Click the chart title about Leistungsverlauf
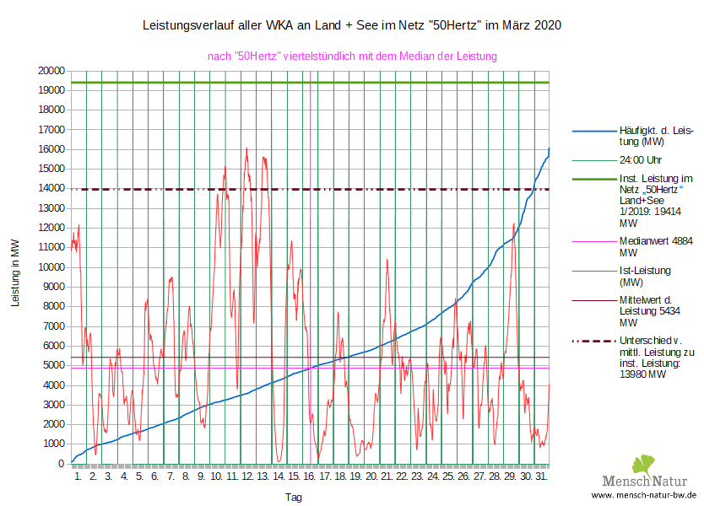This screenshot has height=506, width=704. click(x=352, y=26)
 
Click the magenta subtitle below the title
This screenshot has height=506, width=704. click(x=352, y=56)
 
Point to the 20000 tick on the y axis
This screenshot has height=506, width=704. click(x=51, y=71)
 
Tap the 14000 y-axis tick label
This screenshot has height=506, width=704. click(x=51, y=189)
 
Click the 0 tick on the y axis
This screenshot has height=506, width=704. click(x=61, y=464)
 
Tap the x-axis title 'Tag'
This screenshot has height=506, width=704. click(x=293, y=498)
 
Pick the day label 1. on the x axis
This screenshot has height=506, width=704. click(x=79, y=477)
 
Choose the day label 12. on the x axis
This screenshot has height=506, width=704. click(x=247, y=477)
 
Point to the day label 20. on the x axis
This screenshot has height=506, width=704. click(x=371, y=477)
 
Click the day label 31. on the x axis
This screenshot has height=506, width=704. click(x=541, y=477)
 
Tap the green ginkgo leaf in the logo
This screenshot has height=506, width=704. click(x=643, y=464)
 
